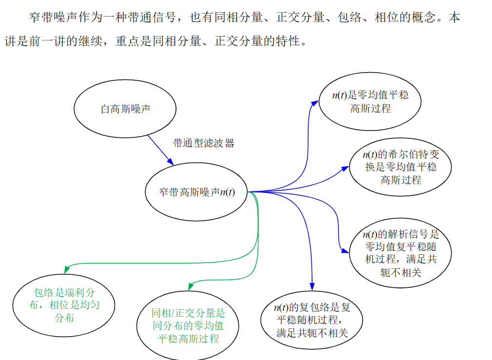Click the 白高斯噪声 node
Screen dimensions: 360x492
pyautogui.click(x=125, y=109)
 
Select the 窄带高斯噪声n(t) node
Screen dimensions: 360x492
pyautogui.click(x=197, y=192)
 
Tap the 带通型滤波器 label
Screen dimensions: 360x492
pyautogui.click(x=203, y=143)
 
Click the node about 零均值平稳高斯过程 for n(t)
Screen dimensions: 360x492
pyautogui.click(x=370, y=101)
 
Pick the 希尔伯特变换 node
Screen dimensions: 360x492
pyautogui.click(x=400, y=167)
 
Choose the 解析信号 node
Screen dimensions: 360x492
pyautogui.click(x=400, y=252)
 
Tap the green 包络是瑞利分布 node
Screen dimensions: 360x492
pyautogui.click(x=64, y=305)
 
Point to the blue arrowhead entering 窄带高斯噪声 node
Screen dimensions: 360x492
pyautogui.click(x=170, y=161)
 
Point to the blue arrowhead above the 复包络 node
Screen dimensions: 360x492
pyautogui.click(x=312, y=286)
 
